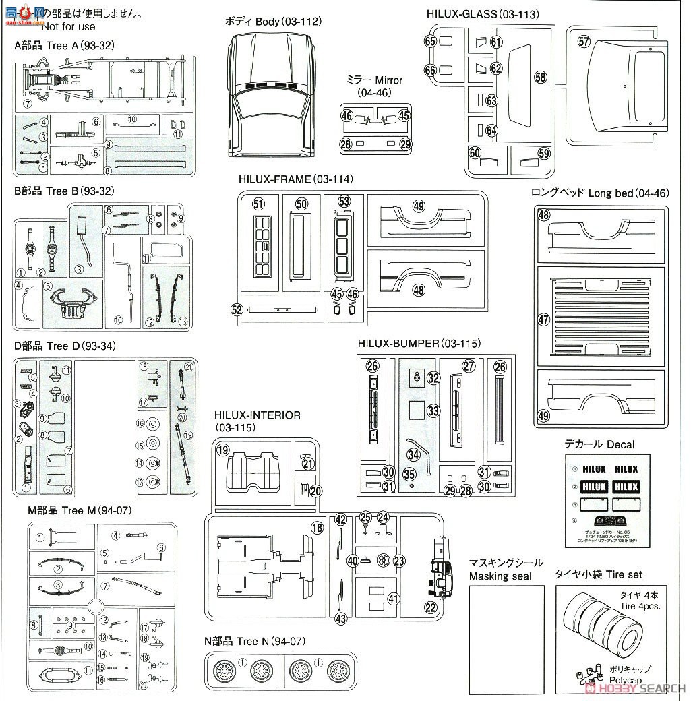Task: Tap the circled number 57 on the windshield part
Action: (x=584, y=42)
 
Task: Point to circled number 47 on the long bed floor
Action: (x=544, y=320)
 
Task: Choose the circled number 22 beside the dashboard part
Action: (x=429, y=607)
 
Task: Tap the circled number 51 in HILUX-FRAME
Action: (x=257, y=204)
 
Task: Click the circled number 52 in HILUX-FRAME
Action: (x=237, y=309)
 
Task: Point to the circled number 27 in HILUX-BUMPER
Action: (x=469, y=366)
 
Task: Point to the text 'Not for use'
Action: (x=68, y=26)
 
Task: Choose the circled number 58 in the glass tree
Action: (x=540, y=77)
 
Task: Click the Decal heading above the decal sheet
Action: (x=599, y=444)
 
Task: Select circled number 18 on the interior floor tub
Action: (x=317, y=528)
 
